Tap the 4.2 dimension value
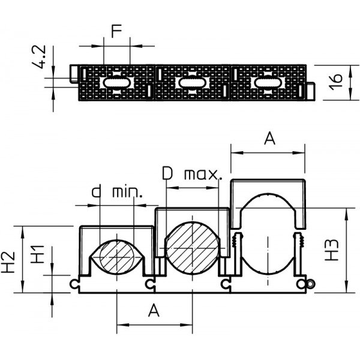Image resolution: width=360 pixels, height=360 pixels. pos(39,57)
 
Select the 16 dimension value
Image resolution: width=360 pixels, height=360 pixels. pos(335,82)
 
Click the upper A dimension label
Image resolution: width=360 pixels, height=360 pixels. pos(269,139)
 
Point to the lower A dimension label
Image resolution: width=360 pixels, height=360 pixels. pos(154,310)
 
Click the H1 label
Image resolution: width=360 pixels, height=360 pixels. pos(37,254)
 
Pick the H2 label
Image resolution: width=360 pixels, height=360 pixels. pos(8,262)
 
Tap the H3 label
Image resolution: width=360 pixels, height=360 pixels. pos(332,250)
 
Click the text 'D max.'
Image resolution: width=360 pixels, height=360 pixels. pos(192,173)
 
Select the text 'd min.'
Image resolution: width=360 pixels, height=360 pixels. pos(117,192)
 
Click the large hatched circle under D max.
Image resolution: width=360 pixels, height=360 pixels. pos(193,248)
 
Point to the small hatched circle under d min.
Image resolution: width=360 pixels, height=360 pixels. pos(117,257)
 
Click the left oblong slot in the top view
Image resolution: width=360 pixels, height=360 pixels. pos(116,83)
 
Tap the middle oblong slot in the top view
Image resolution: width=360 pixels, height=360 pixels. pos(193,83)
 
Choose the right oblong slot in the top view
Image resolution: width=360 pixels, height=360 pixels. pos(268,83)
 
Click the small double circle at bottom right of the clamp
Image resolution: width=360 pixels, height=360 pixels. pos(310,284)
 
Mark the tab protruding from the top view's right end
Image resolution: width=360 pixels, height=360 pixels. pos(311,91)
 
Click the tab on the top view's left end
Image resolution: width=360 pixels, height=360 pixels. pos(74,73)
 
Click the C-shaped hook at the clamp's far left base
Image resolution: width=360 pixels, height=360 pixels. pos(74,284)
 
